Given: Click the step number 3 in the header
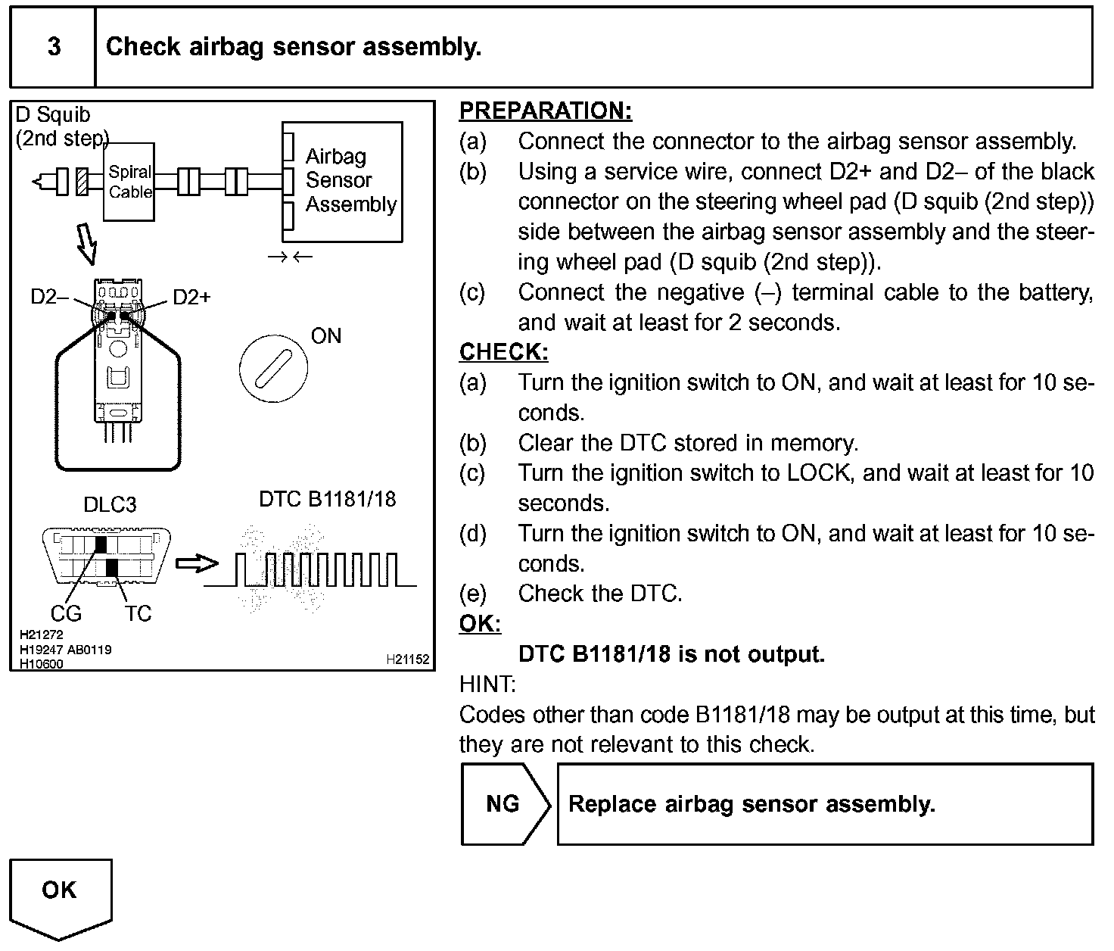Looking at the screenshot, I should [x=54, y=47].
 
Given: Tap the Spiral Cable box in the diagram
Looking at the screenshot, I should [x=129, y=182].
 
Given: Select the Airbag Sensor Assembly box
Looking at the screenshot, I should [x=342, y=182].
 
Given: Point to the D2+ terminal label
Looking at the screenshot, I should [x=191, y=297].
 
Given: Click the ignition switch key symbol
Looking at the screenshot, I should [x=272, y=369].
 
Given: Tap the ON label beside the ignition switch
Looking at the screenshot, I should [x=326, y=336].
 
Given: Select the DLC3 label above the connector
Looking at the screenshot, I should [x=110, y=505].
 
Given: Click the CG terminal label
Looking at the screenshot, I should [x=66, y=613].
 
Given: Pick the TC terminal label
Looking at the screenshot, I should [x=138, y=613].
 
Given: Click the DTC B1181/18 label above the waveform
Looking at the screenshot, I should [x=327, y=499].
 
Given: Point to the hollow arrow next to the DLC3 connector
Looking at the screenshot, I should [x=196, y=563].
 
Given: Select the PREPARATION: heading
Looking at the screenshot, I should [x=545, y=111].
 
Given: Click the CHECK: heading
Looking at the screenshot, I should [x=503, y=352].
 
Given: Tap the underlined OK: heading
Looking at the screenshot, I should [x=480, y=624].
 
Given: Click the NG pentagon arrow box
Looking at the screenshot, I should [x=504, y=804].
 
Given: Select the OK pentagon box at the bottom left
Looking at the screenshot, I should [x=60, y=893].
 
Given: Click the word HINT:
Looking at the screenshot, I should [x=487, y=684].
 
